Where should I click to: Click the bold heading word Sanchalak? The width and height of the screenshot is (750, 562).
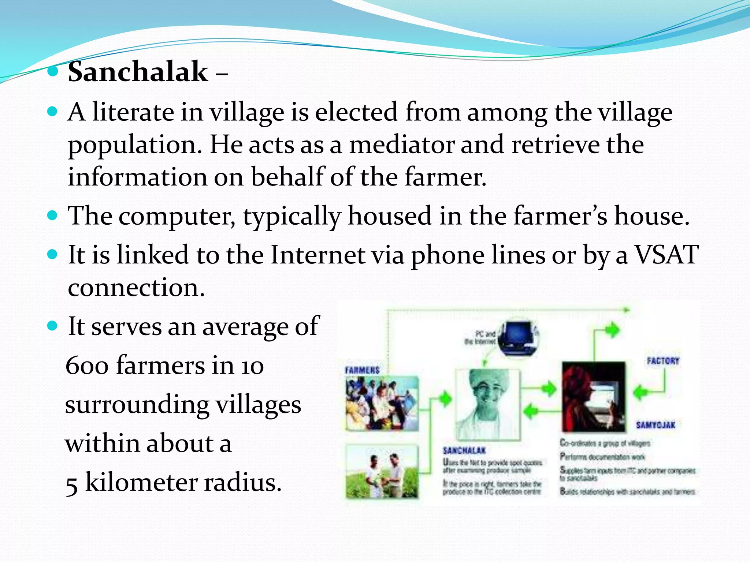138,72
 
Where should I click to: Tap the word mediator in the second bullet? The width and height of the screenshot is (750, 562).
401,145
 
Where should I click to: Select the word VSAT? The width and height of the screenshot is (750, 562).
667,255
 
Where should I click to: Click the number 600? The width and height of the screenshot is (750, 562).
87,366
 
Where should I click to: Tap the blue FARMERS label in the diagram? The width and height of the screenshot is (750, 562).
362,370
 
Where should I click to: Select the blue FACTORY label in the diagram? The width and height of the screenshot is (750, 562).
663,361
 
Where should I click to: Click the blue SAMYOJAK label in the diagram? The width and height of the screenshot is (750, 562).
656,425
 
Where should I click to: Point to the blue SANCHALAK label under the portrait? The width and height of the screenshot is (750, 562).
464,450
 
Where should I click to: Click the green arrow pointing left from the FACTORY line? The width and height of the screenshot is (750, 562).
641,392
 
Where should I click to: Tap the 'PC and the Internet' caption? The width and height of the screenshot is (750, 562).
480,337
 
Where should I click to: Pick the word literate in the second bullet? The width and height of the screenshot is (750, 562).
133,112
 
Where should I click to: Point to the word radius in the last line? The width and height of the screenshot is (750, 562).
242,482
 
